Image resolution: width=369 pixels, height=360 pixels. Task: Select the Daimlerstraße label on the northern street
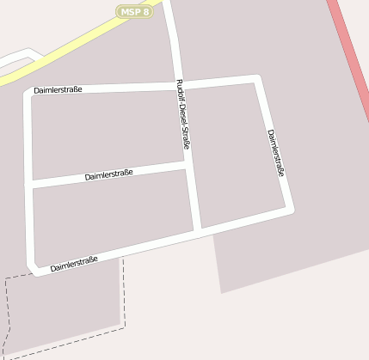[x=58, y=89]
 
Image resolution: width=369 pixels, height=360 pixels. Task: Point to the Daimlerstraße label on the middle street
[x=108, y=175]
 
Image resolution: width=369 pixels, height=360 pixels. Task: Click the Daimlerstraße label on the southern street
[x=74, y=264]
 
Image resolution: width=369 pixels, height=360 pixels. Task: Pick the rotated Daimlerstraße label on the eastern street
[x=275, y=154]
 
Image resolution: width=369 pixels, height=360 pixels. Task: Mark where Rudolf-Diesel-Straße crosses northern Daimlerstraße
[x=179, y=84]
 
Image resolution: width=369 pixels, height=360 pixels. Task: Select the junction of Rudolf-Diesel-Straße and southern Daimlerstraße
[x=198, y=231]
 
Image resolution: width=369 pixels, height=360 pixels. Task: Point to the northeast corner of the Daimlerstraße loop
[x=255, y=79]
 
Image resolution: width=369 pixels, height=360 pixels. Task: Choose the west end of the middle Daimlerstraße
[x=30, y=185]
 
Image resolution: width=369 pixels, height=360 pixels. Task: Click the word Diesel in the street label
[x=182, y=120]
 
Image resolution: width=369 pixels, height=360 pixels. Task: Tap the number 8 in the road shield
[x=146, y=11]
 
